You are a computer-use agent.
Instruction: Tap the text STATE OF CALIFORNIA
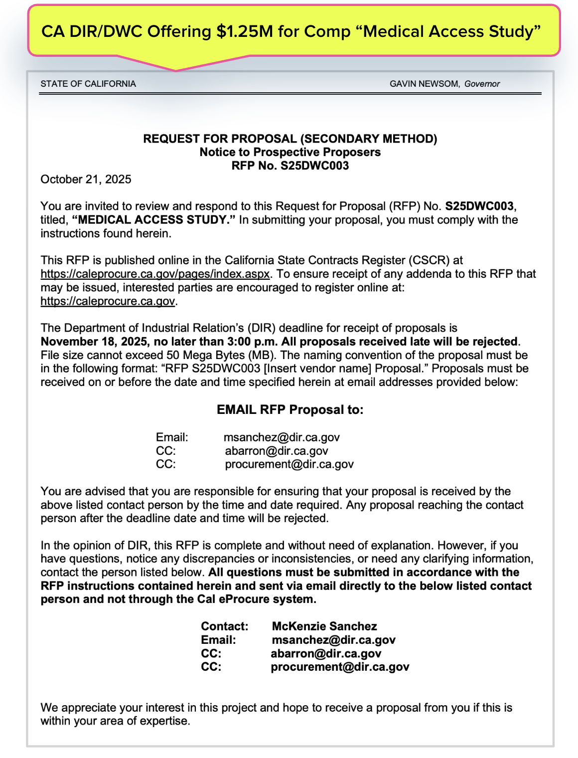88,84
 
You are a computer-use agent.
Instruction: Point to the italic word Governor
482,84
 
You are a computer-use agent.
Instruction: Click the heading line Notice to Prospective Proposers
290,152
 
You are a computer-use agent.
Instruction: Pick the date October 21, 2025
86,180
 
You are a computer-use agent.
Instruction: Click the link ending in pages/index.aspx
155,274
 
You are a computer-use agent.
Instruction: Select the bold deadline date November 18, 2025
94,342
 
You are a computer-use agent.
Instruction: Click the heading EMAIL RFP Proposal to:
290,410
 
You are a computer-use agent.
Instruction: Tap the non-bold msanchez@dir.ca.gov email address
282,437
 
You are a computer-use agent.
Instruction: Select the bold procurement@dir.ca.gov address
340,667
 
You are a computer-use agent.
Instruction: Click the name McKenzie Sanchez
324,626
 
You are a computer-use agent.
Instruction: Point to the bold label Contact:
224,626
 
